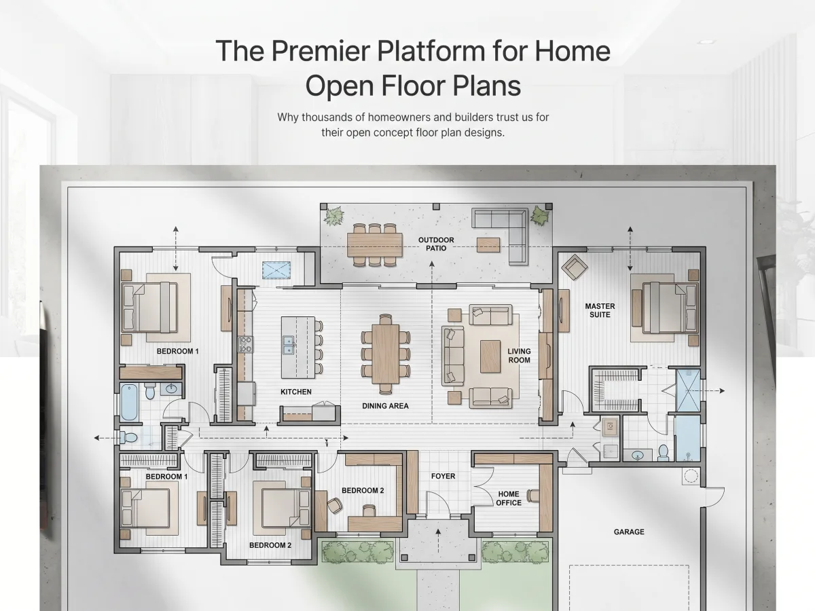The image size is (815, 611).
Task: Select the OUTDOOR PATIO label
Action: [x=436, y=244]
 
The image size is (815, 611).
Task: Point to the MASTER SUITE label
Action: [x=600, y=310]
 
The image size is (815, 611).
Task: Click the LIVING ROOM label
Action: [x=519, y=355]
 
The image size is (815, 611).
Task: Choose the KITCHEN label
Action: [x=296, y=392]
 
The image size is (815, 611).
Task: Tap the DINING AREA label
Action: [x=385, y=406]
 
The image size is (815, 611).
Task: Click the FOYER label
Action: [x=443, y=476]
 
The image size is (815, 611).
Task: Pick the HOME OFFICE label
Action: [x=509, y=498]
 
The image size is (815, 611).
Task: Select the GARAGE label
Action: [x=629, y=532]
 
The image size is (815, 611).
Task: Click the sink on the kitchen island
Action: [x=289, y=345]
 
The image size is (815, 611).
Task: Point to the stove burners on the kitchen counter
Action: [x=245, y=344]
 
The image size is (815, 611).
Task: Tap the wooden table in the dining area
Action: [x=385, y=354]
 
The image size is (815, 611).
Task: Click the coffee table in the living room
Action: [x=490, y=356]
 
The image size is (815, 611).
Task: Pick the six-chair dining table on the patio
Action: [x=375, y=245]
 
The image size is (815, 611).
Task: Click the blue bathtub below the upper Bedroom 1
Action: [x=129, y=403]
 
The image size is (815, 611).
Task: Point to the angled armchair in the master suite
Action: [x=575, y=267]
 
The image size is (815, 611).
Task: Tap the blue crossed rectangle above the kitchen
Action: [x=276, y=270]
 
